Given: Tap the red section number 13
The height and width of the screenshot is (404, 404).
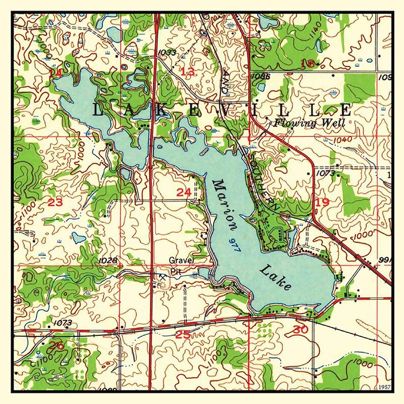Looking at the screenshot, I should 188,71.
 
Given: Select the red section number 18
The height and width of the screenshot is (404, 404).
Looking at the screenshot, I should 308,63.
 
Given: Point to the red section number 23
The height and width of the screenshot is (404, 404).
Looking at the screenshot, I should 55,203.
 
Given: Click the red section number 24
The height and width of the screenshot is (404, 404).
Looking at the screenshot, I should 184,192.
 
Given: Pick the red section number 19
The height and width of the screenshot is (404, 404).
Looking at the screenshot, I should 322,203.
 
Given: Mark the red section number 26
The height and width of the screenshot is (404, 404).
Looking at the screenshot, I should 56,346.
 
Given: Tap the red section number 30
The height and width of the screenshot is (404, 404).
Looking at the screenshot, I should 300,330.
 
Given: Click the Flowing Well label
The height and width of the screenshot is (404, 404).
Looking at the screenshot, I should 309,123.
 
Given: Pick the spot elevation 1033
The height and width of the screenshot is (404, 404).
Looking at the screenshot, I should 167,52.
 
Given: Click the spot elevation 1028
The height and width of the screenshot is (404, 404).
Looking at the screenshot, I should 109,261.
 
